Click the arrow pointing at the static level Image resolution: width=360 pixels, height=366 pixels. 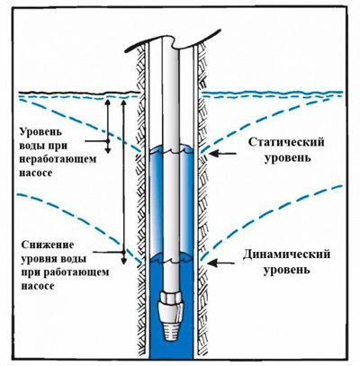pos(223,154)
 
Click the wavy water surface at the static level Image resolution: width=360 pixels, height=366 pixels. pos(172,150)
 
